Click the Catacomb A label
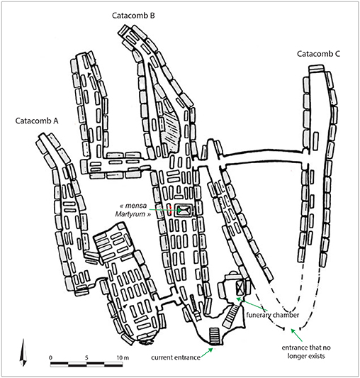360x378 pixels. [x=37, y=121]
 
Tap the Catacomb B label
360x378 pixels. [x=133, y=16]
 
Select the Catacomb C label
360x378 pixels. [x=318, y=54]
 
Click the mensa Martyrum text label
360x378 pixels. [x=133, y=210]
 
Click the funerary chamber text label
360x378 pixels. [x=273, y=315]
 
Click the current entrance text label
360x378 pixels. [x=176, y=357]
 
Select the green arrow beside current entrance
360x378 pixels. [x=207, y=352]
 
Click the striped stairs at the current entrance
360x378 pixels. [x=214, y=335]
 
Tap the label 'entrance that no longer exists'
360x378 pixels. [x=306, y=352]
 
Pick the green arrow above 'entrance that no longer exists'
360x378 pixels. [x=297, y=335]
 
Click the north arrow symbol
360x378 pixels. [x=23, y=352]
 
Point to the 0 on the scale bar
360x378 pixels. [x=50, y=357]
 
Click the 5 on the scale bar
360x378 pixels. [x=86, y=357]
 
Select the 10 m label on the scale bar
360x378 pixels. [x=123, y=357]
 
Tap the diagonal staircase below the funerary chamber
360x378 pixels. [x=231, y=316]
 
